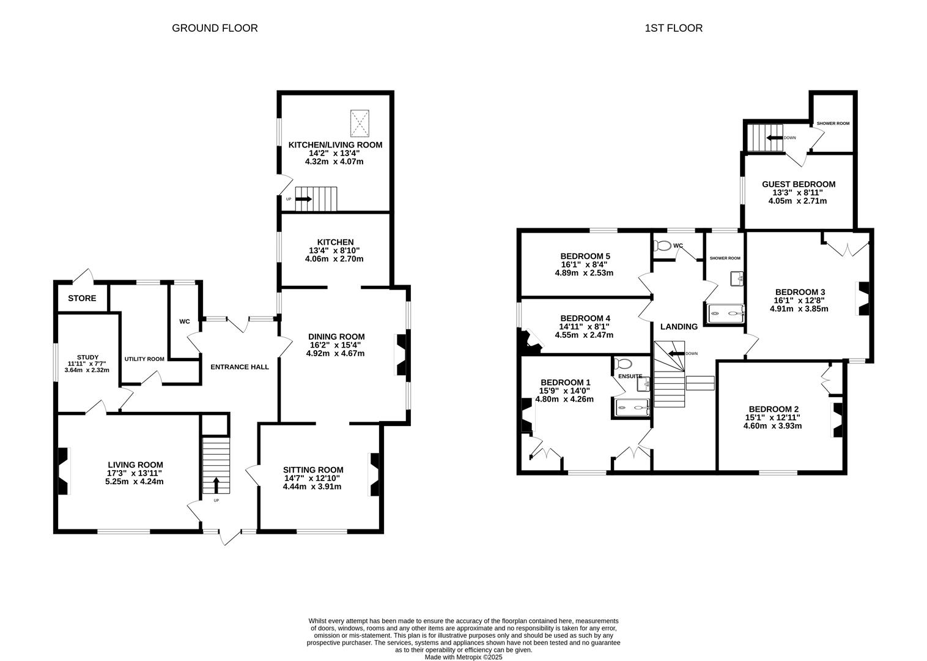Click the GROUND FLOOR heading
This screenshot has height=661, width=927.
(x=215, y=28)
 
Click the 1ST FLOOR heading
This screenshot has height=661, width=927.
(x=673, y=28)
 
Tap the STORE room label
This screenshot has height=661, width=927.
(x=82, y=299)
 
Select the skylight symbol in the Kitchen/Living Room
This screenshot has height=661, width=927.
(x=360, y=124)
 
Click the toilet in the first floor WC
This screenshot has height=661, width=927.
(x=662, y=246)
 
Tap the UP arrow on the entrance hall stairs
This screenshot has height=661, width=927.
(x=216, y=485)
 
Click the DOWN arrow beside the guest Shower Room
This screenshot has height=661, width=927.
(x=775, y=138)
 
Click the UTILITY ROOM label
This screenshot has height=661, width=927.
(x=144, y=359)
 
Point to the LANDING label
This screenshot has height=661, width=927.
(x=679, y=327)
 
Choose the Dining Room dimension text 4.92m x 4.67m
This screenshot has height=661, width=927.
(x=336, y=353)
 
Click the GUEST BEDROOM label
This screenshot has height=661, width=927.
(x=798, y=184)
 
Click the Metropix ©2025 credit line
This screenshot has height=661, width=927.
(x=463, y=657)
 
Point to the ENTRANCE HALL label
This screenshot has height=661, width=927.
(x=240, y=367)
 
